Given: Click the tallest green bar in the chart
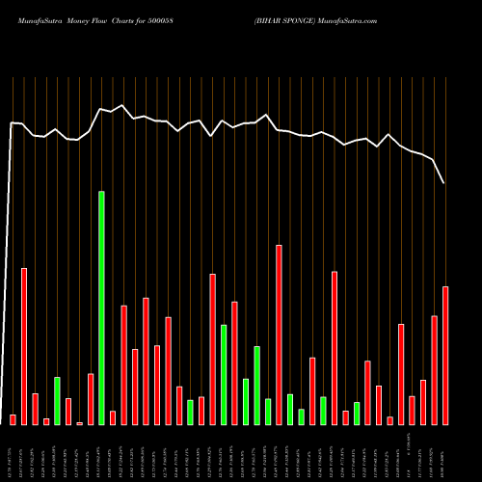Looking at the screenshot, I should (x=101, y=308).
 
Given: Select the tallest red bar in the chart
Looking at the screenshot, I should (x=279, y=335).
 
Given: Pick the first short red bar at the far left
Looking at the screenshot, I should (x=13, y=419).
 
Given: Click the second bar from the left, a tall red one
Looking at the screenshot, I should (x=24, y=346).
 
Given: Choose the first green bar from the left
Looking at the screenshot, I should (x=57, y=400).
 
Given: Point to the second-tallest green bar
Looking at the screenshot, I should (x=224, y=374).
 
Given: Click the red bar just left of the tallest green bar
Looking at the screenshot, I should (x=91, y=399).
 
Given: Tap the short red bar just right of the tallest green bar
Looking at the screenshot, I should (x=113, y=417).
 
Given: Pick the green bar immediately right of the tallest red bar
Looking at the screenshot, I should (x=290, y=409).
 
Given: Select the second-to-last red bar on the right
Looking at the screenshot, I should (x=434, y=369).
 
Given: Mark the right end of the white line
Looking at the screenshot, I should (x=444, y=182).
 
